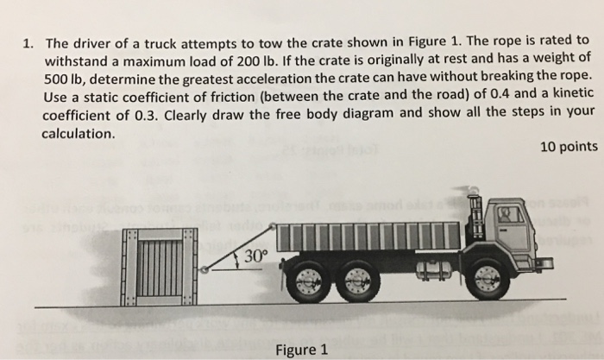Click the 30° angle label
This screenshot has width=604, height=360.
pyautogui.click(x=256, y=256)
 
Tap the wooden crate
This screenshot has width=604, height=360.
pyautogui.click(x=162, y=266)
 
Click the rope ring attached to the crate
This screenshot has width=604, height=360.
pyautogui.click(x=204, y=271)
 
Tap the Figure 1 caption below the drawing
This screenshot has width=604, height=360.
pyautogui.click(x=300, y=350)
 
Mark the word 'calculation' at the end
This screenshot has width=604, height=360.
pyautogui.click(x=76, y=135)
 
